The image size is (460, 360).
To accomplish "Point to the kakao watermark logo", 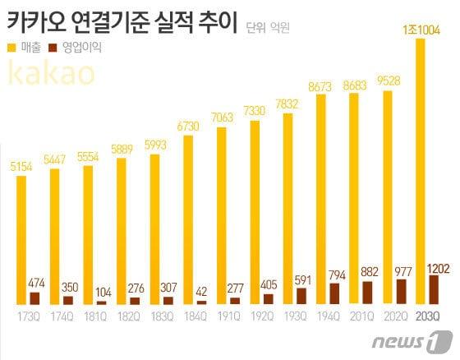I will point(50,75).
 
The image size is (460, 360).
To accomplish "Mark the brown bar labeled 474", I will point(34,298).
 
